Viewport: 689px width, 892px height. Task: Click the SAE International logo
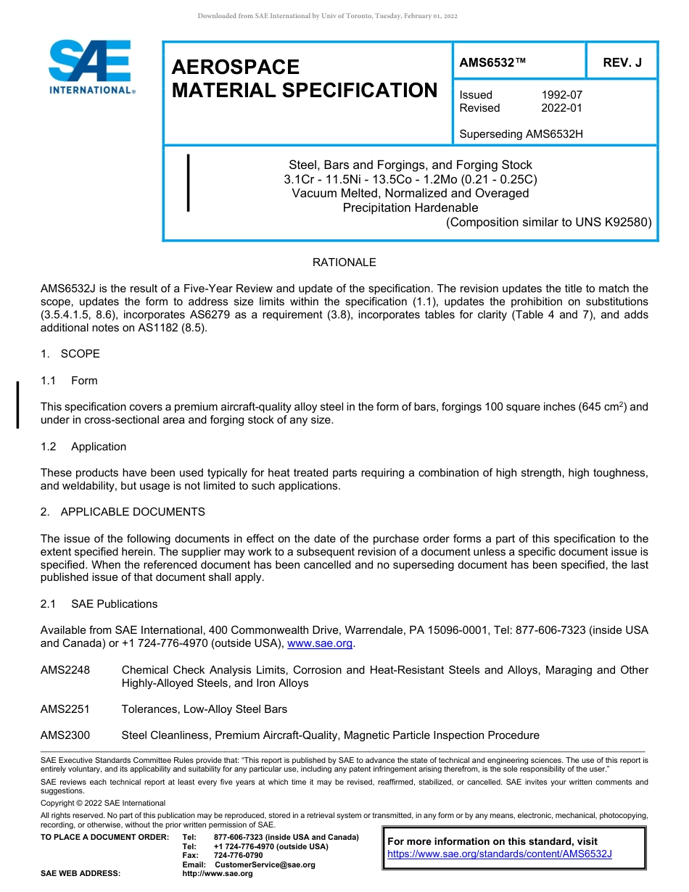[x=91, y=67]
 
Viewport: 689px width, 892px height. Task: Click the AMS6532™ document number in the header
[x=492, y=63]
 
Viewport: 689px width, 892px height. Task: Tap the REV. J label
[x=622, y=63]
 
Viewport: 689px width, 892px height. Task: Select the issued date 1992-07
[x=561, y=95]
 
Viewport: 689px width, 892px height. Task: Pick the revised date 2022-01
[x=561, y=108]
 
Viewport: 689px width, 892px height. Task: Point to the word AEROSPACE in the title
[x=236, y=67]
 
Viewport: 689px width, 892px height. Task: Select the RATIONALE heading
[x=344, y=263]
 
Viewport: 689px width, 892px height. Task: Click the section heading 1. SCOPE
[x=70, y=354]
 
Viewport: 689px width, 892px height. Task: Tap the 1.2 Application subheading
[x=83, y=447]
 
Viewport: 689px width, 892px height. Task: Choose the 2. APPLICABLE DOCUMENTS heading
[x=123, y=512]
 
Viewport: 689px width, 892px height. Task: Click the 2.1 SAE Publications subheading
[x=99, y=604]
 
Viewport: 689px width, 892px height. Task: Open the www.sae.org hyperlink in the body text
[x=320, y=643]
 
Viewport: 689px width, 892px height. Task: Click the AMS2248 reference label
[x=65, y=670]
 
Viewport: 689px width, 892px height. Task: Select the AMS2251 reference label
[x=65, y=709]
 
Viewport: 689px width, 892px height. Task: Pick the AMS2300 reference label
[x=65, y=735]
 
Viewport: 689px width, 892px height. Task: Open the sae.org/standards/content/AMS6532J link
[x=500, y=854]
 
